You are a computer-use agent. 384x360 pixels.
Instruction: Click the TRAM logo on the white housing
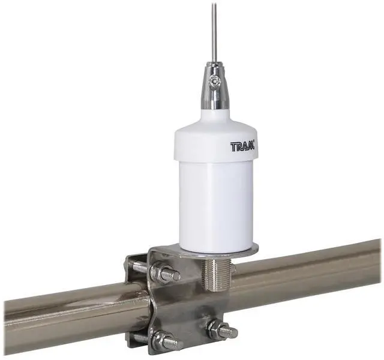click(x=242, y=146)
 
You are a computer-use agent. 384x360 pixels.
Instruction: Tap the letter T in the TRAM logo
click(x=233, y=146)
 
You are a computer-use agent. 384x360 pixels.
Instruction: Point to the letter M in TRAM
click(x=250, y=146)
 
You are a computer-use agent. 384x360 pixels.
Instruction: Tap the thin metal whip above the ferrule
click(x=214, y=30)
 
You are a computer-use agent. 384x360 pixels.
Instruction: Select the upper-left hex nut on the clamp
click(x=161, y=273)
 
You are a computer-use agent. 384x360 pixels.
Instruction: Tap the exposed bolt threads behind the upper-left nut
click(x=139, y=266)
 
